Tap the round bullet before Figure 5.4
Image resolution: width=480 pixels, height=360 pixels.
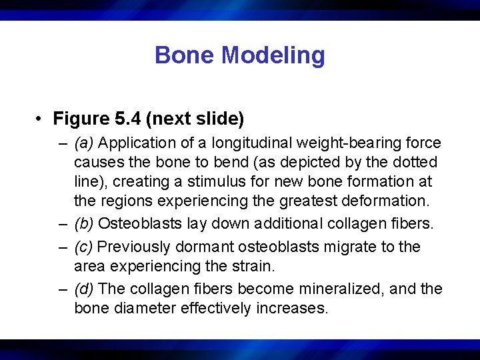pos(41,119)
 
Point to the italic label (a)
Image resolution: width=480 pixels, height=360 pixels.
pos(84,143)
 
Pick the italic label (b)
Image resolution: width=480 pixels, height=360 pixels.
pos(84,224)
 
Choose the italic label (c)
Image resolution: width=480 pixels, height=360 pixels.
pos(84,247)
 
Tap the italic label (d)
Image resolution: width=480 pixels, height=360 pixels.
pos(84,289)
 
